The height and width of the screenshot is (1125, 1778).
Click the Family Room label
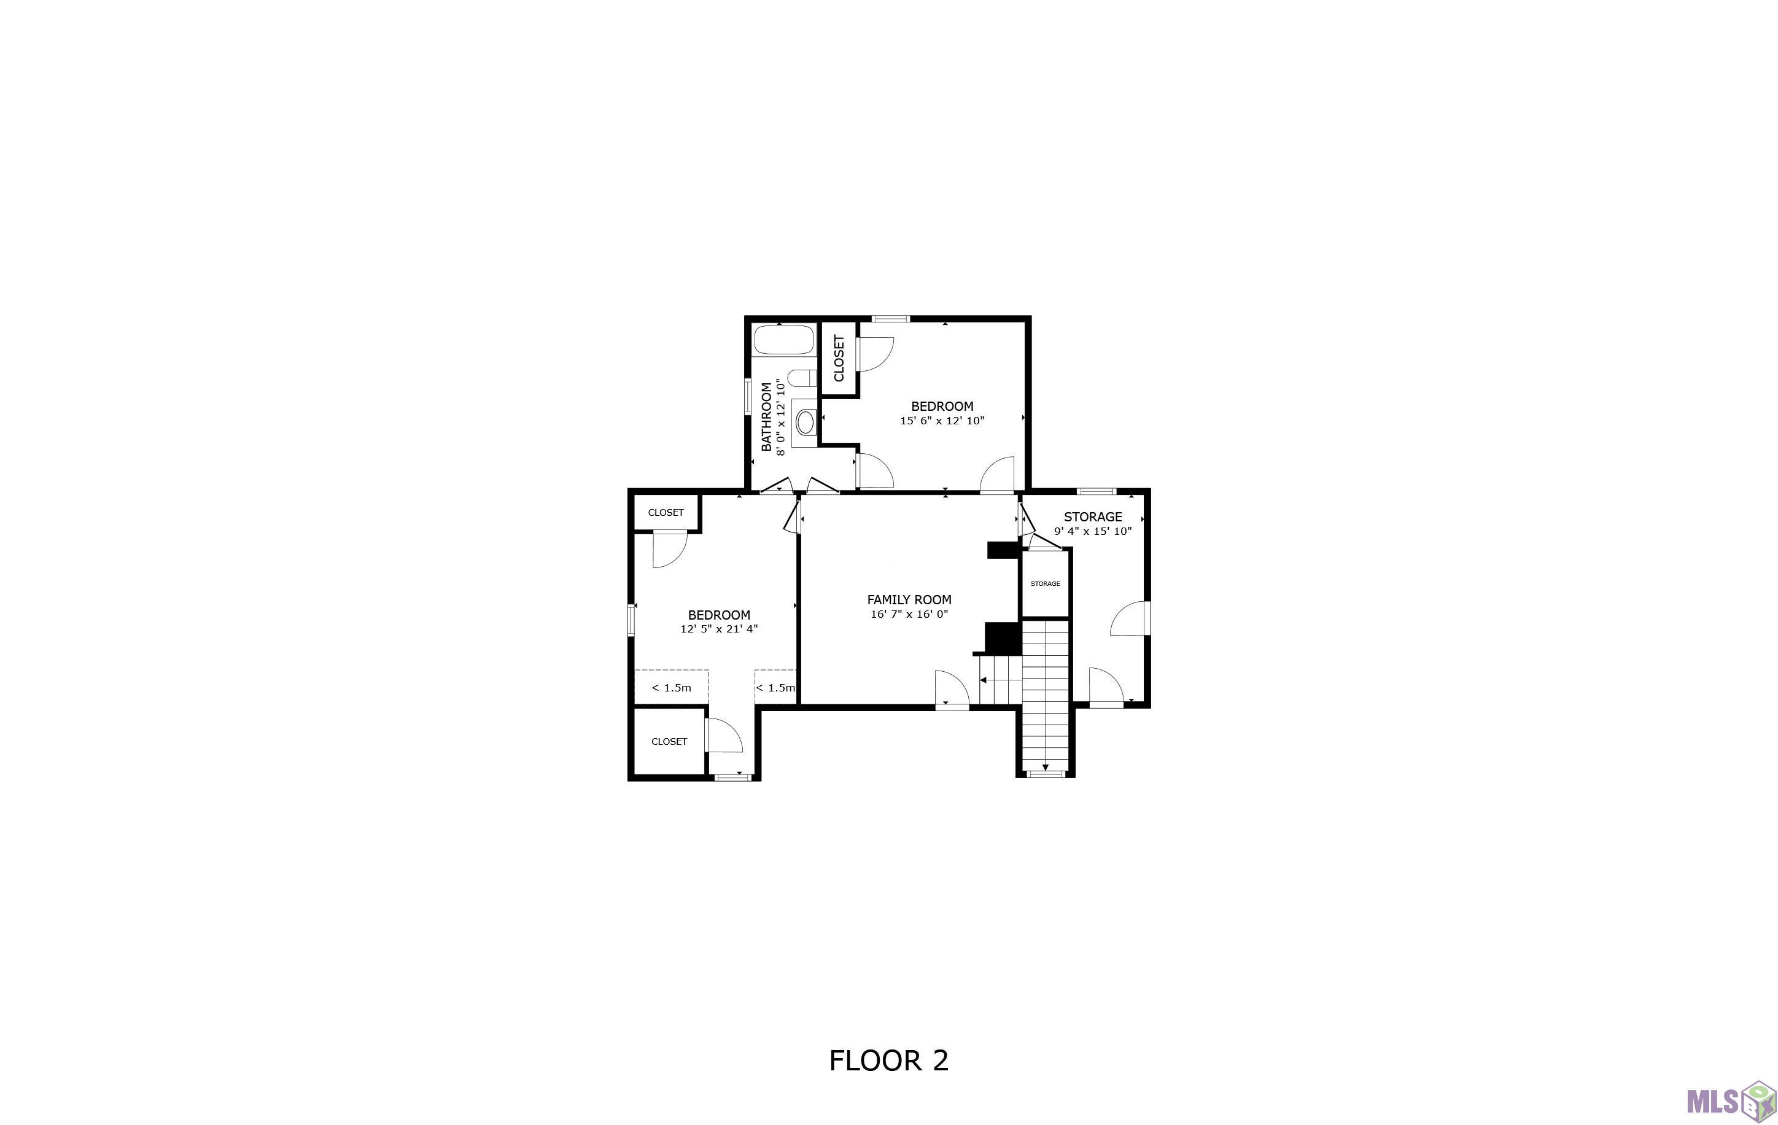tap(909, 600)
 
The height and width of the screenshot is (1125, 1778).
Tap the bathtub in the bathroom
tap(783, 340)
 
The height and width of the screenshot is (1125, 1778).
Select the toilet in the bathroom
tap(802, 378)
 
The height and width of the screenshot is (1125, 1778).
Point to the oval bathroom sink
tap(806, 422)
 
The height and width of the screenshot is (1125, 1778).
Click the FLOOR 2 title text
tap(889, 1061)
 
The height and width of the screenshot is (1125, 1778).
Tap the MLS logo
tap(1731, 1100)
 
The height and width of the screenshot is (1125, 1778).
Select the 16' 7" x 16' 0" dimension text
tap(909, 615)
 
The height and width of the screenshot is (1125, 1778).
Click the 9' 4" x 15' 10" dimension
tap(1093, 531)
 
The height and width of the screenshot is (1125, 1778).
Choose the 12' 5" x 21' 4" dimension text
tap(719, 629)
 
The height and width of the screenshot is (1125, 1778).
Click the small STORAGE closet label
tap(1046, 583)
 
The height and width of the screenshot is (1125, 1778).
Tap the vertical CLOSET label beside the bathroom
tap(839, 358)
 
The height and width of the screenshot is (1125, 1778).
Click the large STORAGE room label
tap(1093, 517)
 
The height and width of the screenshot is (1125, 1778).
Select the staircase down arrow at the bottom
tap(1046, 767)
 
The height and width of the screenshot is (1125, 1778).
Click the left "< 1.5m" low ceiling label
tap(672, 688)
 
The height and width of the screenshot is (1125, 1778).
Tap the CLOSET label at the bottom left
tap(669, 742)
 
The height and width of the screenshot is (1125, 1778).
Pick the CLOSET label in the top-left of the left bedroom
tap(666, 513)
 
